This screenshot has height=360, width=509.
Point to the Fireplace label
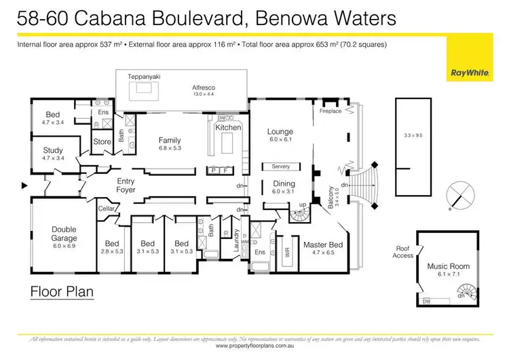(x=331, y=111)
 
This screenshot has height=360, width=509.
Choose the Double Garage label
(x=64, y=234)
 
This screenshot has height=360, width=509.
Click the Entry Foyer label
(x=126, y=185)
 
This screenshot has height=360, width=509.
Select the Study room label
(x=53, y=150)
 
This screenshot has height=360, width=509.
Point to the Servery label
(x=280, y=166)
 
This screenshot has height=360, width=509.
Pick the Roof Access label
(x=403, y=252)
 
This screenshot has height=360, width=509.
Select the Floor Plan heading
(x=62, y=293)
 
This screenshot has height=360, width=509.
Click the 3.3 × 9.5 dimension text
(x=413, y=136)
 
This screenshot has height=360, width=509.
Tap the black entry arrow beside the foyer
(x=25, y=185)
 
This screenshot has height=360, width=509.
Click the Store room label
(x=102, y=142)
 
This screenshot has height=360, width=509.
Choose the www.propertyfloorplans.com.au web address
(x=254, y=346)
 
